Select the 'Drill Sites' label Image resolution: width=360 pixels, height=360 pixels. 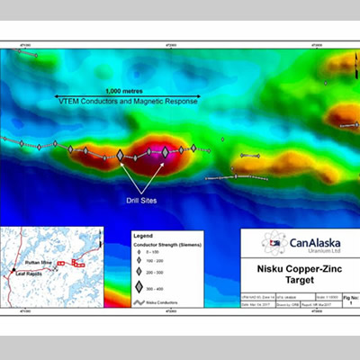click(x=142, y=201)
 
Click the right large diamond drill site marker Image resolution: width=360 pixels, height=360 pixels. click(x=165, y=153)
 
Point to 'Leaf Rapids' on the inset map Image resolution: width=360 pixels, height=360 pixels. click(x=30, y=270)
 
